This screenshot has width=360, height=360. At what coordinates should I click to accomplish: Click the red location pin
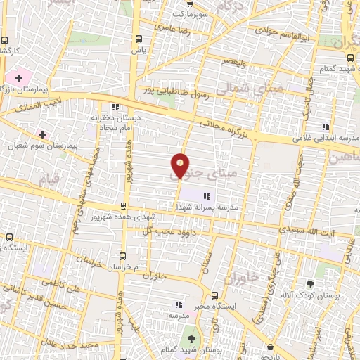(x=181, y=166)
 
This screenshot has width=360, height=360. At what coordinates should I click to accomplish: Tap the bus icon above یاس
(x=138, y=39)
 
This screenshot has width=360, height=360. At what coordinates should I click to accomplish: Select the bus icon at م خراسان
(x=124, y=256)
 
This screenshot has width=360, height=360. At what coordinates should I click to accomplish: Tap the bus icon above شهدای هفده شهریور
(x=124, y=206)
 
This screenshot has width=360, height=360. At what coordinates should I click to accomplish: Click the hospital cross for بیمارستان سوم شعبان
(x=42, y=134)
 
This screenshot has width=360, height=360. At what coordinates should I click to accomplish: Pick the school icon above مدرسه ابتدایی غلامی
(x=325, y=127)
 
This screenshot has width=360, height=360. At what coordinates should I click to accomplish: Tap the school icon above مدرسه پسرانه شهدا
(x=206, y=196)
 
